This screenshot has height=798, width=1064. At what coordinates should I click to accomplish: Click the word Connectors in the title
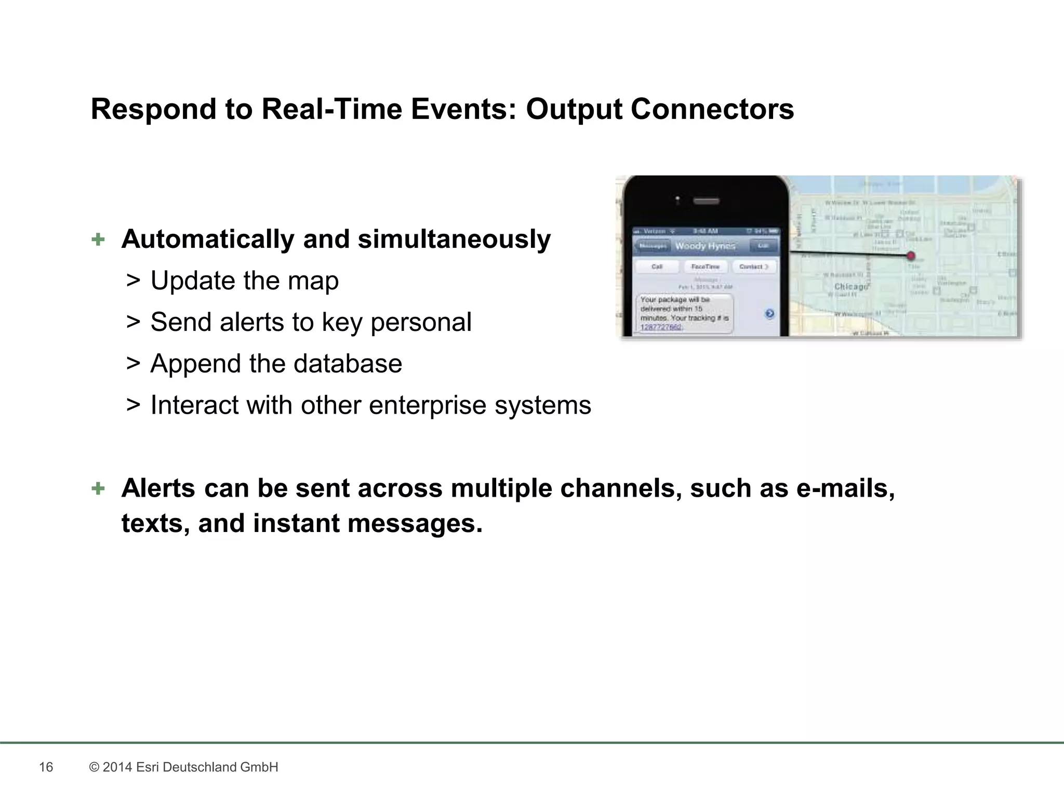(712, 110)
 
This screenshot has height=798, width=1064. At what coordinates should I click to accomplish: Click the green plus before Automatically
(98, 240)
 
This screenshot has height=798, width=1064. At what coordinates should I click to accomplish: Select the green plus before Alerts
(98, 488)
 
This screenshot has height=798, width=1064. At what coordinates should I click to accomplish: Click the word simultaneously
(454, 240)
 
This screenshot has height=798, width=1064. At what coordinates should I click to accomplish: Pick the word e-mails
(845, 488)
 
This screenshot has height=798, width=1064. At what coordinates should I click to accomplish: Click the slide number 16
(46, 767)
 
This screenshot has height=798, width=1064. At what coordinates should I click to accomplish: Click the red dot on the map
(910, 256)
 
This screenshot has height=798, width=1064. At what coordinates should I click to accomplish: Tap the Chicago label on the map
(850, 287)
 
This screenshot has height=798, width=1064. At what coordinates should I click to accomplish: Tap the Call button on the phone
(657, 267)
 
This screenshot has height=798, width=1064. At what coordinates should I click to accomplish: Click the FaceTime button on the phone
(705, 267)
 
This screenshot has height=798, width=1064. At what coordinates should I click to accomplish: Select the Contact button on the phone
(753, 267)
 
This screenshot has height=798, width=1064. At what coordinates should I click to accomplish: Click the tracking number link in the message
(661, 327)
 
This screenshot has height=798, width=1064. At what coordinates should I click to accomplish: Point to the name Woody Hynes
(705, 246)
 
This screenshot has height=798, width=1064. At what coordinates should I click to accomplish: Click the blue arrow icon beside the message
(769, 313)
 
